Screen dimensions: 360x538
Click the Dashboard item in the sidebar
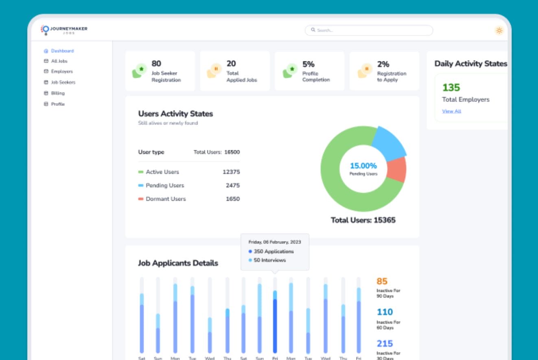[x=62, y=51]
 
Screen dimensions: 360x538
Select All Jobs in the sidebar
[x=59, y=61]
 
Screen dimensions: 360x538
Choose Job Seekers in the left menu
[x=63, y=82]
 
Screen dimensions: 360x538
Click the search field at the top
[x=369, y=31]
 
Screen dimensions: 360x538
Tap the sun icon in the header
[x=499, y=31]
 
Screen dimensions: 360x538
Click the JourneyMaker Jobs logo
[x=65, y=30]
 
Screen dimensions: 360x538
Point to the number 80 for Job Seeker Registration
[x=156, y=64]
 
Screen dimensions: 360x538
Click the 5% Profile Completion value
[x=308, y=64]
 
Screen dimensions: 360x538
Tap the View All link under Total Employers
[x=451, y=111]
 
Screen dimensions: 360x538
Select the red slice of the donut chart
[x=396, y=169]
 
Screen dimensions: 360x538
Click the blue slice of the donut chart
[x=388, y=143]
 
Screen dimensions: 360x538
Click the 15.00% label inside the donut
[x=363, y=166]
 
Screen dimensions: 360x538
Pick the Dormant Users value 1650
[x=233, y=199]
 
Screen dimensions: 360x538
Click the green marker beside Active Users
[x=141, y=172]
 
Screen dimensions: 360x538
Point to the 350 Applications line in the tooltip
[x=273, y=252]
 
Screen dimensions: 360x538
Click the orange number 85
[x=382, y=281]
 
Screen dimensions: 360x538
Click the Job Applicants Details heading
[x=178, y=263]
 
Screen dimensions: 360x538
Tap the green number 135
[x=451, y=88]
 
